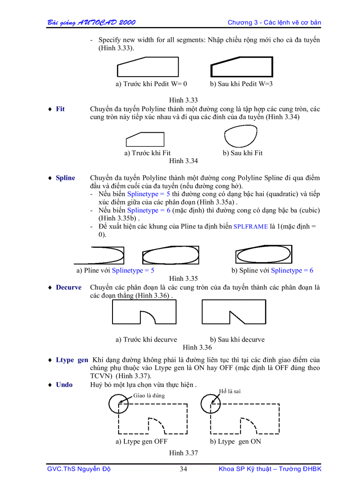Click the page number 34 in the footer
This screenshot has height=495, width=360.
point(183,469)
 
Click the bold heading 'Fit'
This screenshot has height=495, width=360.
point(60,109)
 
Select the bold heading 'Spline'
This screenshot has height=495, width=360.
point(65,178)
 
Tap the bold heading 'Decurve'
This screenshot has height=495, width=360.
point(68,287)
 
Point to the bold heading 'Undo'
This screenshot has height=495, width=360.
point(64,385)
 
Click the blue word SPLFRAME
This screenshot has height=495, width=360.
point(250,227)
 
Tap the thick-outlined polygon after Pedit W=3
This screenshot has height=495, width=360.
point(241,67)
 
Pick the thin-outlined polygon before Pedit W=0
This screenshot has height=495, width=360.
point(148,67)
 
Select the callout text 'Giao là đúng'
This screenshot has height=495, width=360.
point(149,395)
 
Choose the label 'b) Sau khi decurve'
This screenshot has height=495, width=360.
point(237,339)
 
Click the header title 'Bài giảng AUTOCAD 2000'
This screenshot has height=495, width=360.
point(91,22)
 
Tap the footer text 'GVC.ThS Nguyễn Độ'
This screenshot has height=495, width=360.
point(79,469)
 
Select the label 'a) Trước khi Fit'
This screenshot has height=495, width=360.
point(147,153)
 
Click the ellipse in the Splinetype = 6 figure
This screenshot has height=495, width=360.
point(263,255)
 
